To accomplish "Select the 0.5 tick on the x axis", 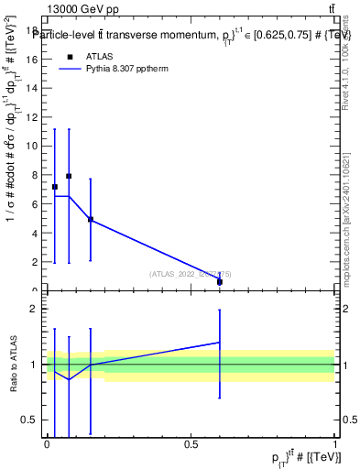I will [x=191, y=444].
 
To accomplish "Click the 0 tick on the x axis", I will [x=47, y=444].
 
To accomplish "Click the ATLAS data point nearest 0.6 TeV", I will [x=220, y=282].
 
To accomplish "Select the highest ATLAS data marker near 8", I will [x=69, y=176].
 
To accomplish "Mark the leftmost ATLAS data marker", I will [x=55, y=187].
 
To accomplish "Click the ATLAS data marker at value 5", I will [x=91, y=219].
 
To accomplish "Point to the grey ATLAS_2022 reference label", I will [x=190, y=273].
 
